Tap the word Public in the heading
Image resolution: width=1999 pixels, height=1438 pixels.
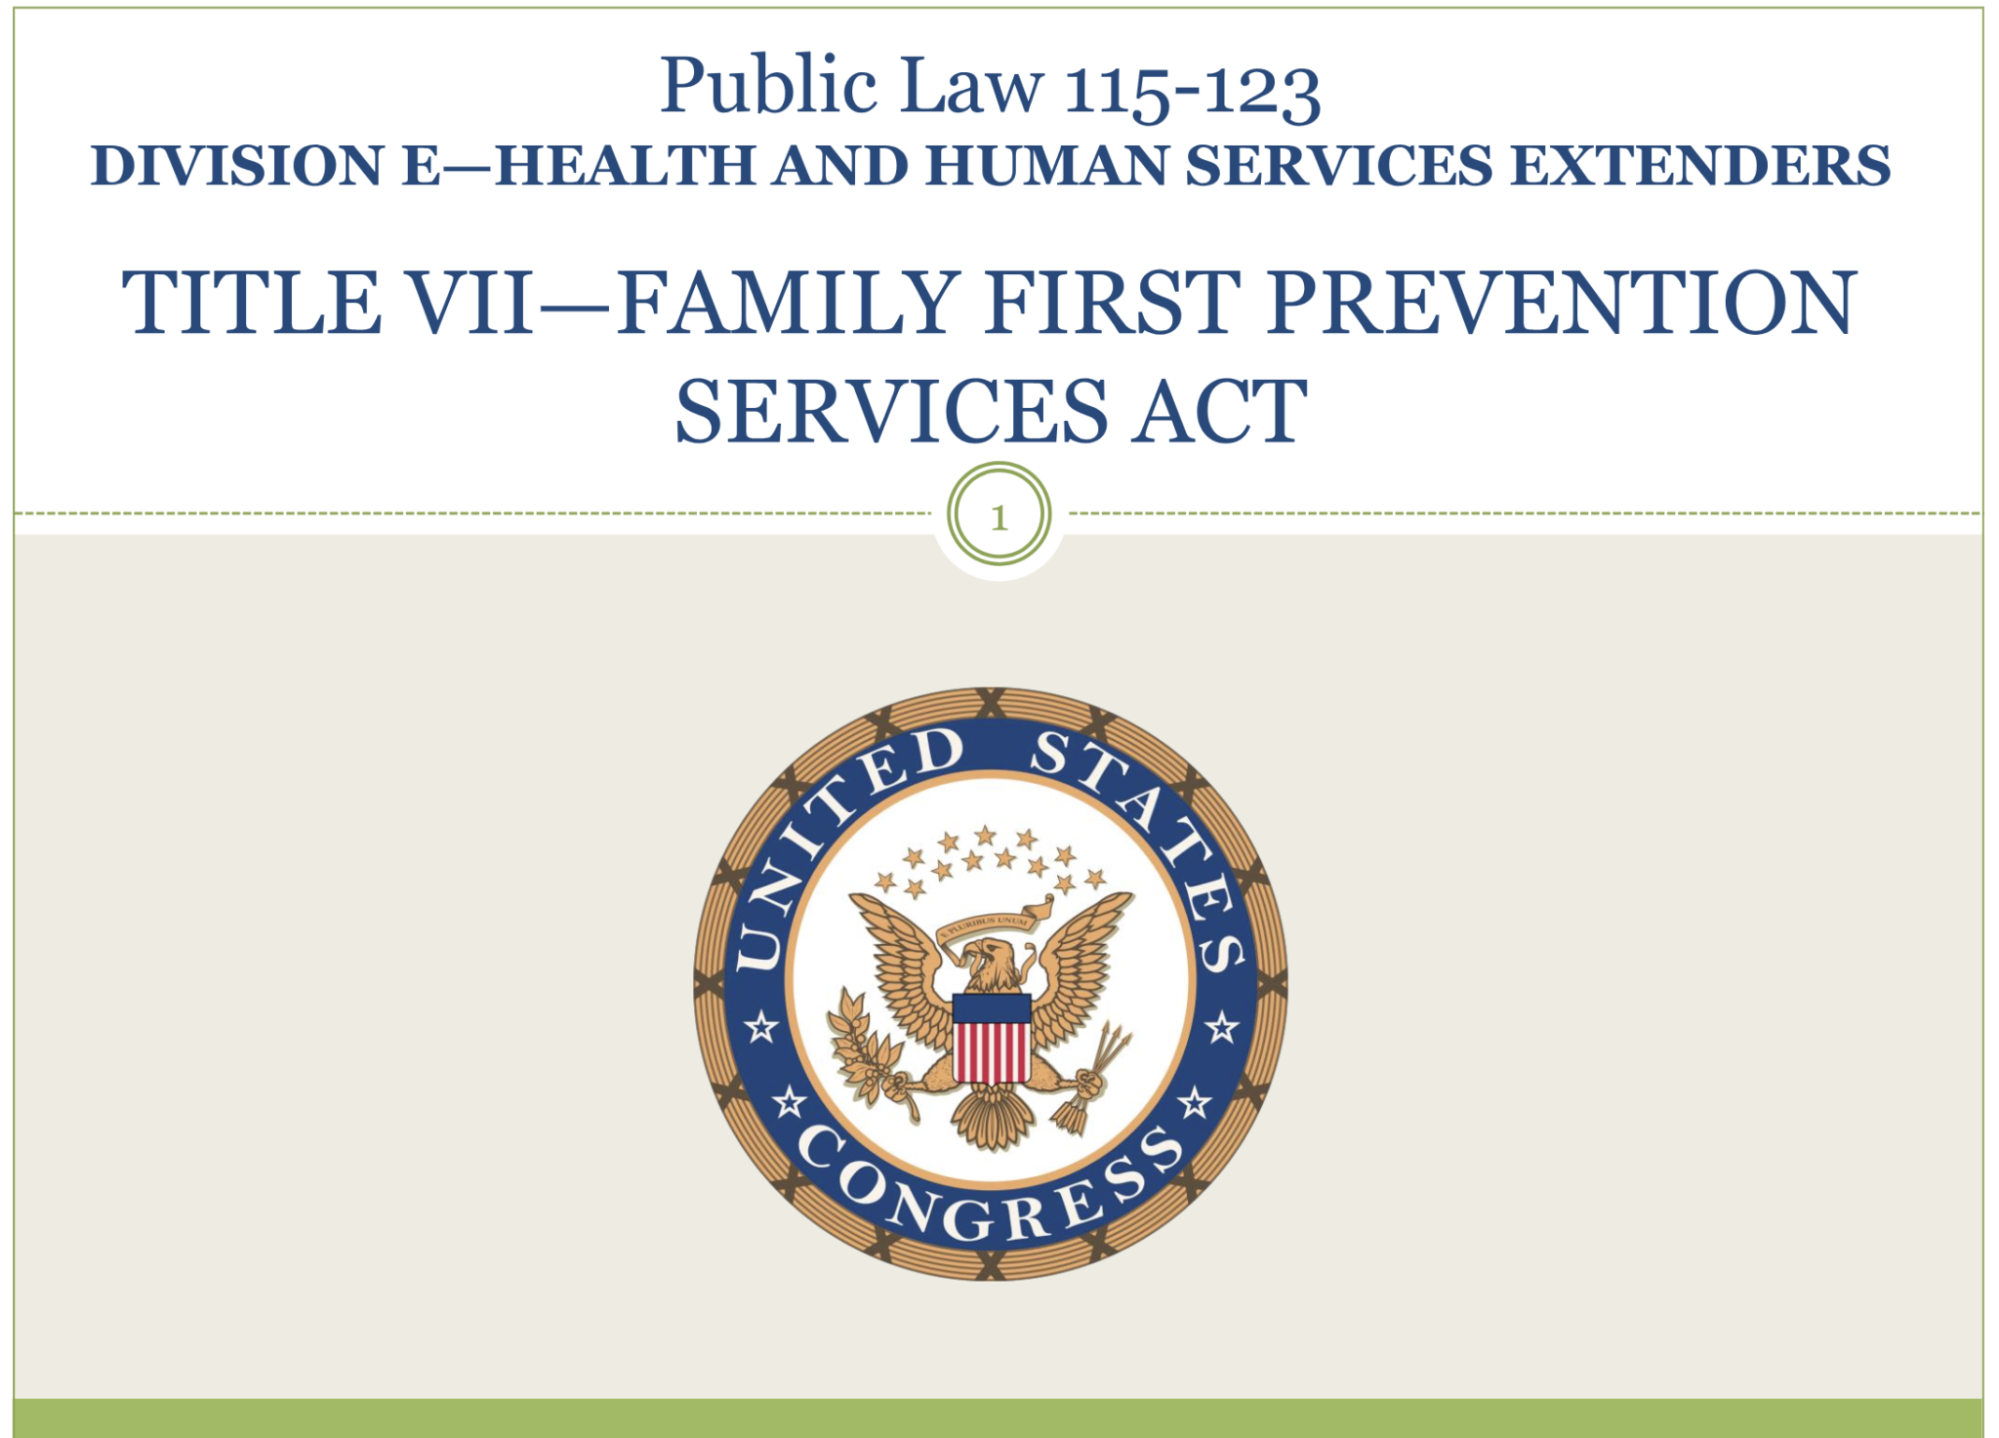point(768,86)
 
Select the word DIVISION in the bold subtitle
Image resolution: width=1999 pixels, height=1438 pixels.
point(237,165)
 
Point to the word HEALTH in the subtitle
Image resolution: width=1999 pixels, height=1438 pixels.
point(625,165)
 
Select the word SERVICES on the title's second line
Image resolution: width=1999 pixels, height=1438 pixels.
point(891,411)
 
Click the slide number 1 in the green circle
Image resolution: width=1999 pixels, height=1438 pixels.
point(999,517)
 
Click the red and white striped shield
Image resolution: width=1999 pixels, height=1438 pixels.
point(991,1039)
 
